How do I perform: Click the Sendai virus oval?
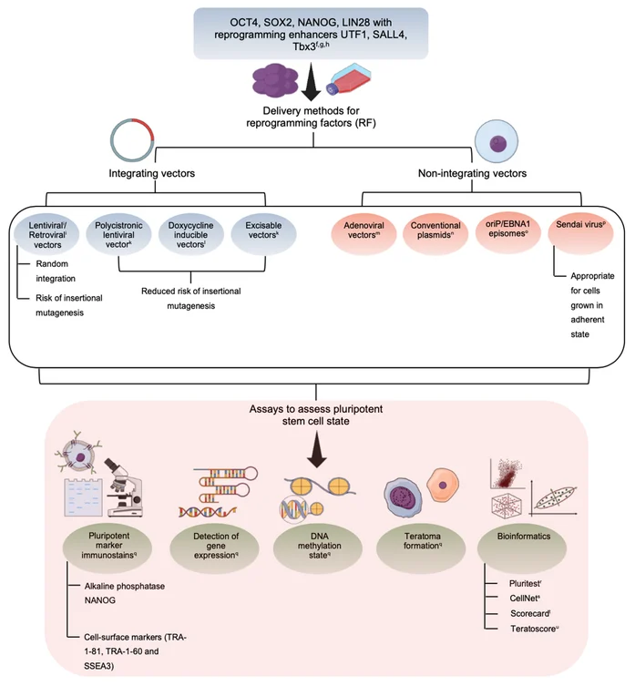(580, 233)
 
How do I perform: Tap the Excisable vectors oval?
(263, 233)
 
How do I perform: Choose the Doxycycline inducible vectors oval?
(190, 233)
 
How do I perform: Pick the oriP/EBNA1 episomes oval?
(508, 233)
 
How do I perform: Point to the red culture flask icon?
(349, 78)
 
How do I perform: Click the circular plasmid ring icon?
(131, 139)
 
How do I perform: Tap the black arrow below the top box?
(312, 82)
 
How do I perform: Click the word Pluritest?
(524, 584)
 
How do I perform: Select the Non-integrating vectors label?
(472, 173)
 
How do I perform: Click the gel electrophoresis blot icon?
(83, 497)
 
